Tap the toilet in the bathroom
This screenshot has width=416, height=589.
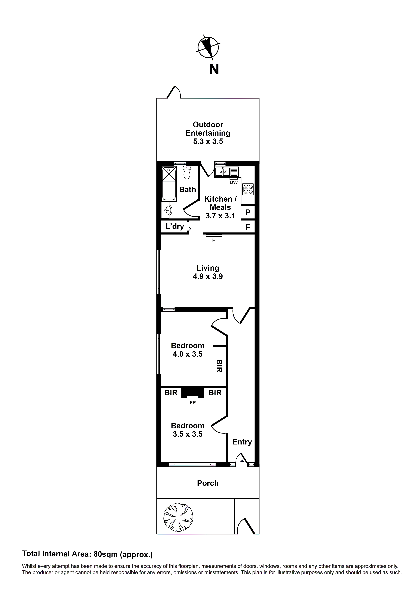(x=187, y=173)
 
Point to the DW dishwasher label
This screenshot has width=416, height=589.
(x=234, y=183)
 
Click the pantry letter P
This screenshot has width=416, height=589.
(x=248, y=212)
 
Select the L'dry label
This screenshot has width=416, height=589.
(x=175, y=226)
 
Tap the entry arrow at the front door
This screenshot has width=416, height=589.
(x=242, y=464)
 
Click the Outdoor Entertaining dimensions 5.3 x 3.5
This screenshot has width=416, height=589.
(x=208, y=141)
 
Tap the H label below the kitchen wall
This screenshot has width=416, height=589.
(x=214, y=241)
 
